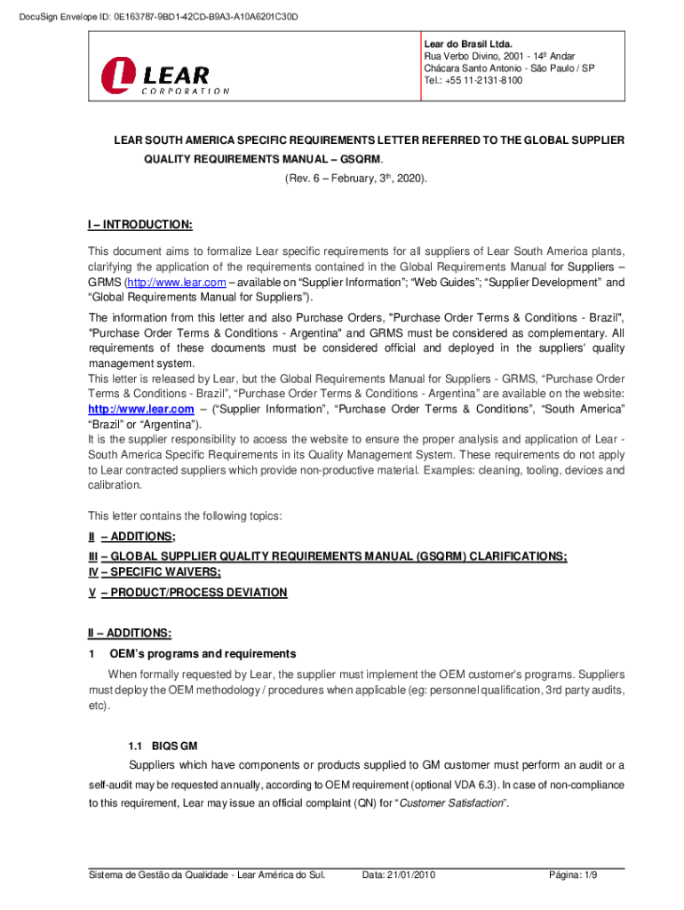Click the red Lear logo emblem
tap(121, 76)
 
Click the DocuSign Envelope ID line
tap(152, 17)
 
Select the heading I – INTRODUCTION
tap(139, 225)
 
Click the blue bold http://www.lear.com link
tap(140, 409)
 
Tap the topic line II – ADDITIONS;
tap(131, 536)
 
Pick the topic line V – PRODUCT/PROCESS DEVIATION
tap(187, 593)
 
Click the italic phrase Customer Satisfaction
tap(452, 803)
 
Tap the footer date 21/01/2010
tap(399, 875)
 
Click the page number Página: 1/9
tap(573, 875)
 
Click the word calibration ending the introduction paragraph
tap(114, 485)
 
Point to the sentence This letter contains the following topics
tap(185, 516)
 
